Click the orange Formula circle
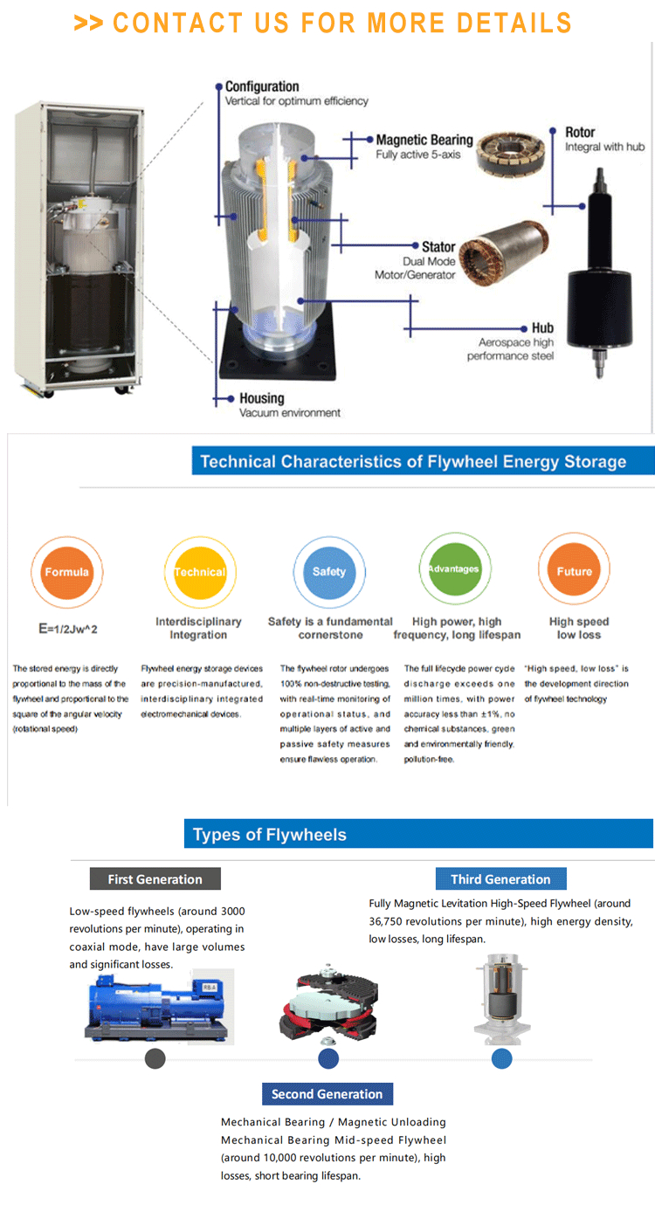point(66,572)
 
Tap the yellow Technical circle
point(200,572)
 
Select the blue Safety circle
point(329,571)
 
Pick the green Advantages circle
point(455,568)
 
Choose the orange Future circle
point(574,569)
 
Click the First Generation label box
point(155,878)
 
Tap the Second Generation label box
point(327,1093)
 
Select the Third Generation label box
point(500,878)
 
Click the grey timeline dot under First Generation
point(155,1058)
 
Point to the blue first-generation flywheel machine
point(156,1007)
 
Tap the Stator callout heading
point(438,247)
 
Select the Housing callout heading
point(262,398)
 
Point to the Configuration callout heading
point(262,86)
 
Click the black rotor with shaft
point(600,272)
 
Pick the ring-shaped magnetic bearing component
point(511,153)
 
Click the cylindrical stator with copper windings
point(503,251)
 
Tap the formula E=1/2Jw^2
point(68,629)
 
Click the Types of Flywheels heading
point(270,835)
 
